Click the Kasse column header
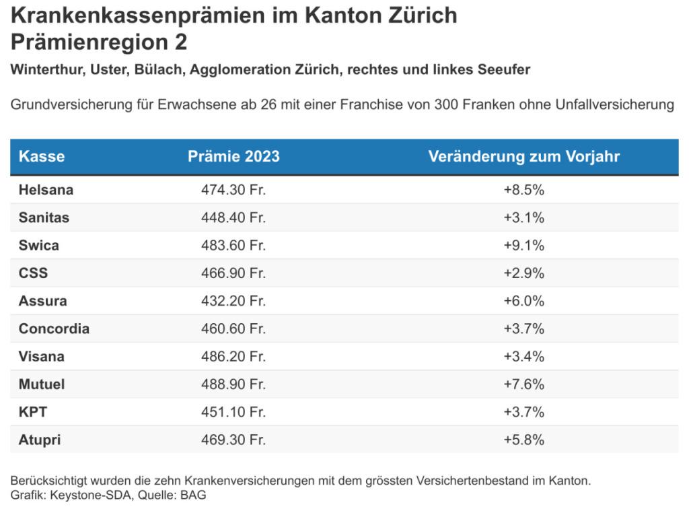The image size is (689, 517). click(x=42, y=156)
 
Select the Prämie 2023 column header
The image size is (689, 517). click(x=233, y=156)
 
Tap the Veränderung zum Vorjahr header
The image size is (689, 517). click(x=523, y=156)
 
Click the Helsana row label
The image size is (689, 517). click(x=46, y=190)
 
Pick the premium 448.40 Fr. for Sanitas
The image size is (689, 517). click(x=233, y=217)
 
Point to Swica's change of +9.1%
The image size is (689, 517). click(x=523, y=245)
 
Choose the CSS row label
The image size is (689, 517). click(x=34, y=273)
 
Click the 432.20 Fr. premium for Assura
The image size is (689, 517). click(x=233, y=301)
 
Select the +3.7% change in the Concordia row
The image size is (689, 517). click(x=523, y=329)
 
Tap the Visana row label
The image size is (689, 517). click(x=42, y=356)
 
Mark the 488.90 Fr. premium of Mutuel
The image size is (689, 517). click(x=233, y=384)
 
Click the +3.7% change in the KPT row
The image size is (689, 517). click(x=523, y=412)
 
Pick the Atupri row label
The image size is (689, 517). click(x=40, y=440)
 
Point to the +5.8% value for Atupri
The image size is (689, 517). click(x=523, y=440)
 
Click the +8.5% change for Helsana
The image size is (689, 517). click(x=523, y=190)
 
